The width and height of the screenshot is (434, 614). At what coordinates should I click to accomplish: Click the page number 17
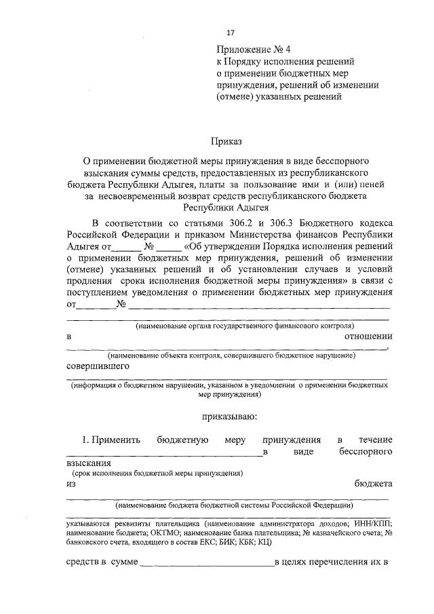[x=230, y=32]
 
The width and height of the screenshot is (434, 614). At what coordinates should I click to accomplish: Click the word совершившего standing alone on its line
[x=98, y=366]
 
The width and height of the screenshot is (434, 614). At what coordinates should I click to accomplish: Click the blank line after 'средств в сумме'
[x=206, y=563]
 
